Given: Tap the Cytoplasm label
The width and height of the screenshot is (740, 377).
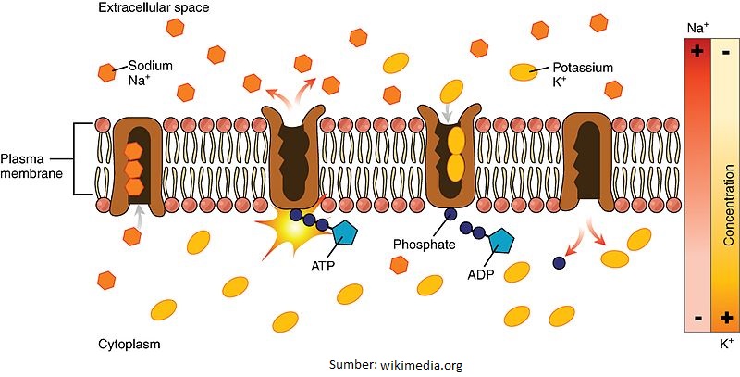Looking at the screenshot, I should [129, 345].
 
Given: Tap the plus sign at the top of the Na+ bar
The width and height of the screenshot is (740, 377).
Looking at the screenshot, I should [696, 52].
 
